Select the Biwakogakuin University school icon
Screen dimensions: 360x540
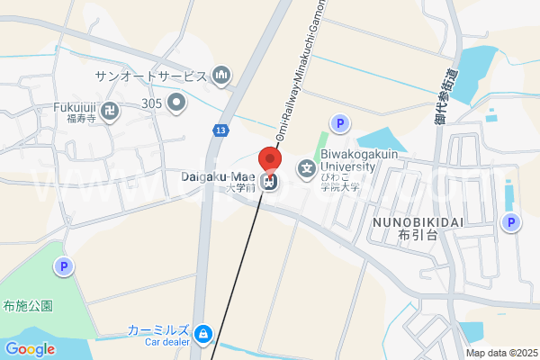pos(307,167)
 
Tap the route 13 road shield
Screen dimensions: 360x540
pos(220,130)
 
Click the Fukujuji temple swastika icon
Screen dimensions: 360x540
pos(110,112)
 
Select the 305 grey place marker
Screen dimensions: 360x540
pos(176,103)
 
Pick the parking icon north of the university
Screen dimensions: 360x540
pos(339,123)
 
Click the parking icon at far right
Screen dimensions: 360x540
pos(511,223)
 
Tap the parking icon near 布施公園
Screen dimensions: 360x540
pos(63,265)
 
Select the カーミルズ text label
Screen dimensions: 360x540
pos(158,330)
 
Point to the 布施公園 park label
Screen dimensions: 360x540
pos(28,305)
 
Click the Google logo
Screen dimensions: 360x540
pos(30,349)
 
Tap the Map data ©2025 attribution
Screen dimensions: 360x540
pos(500,353)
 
